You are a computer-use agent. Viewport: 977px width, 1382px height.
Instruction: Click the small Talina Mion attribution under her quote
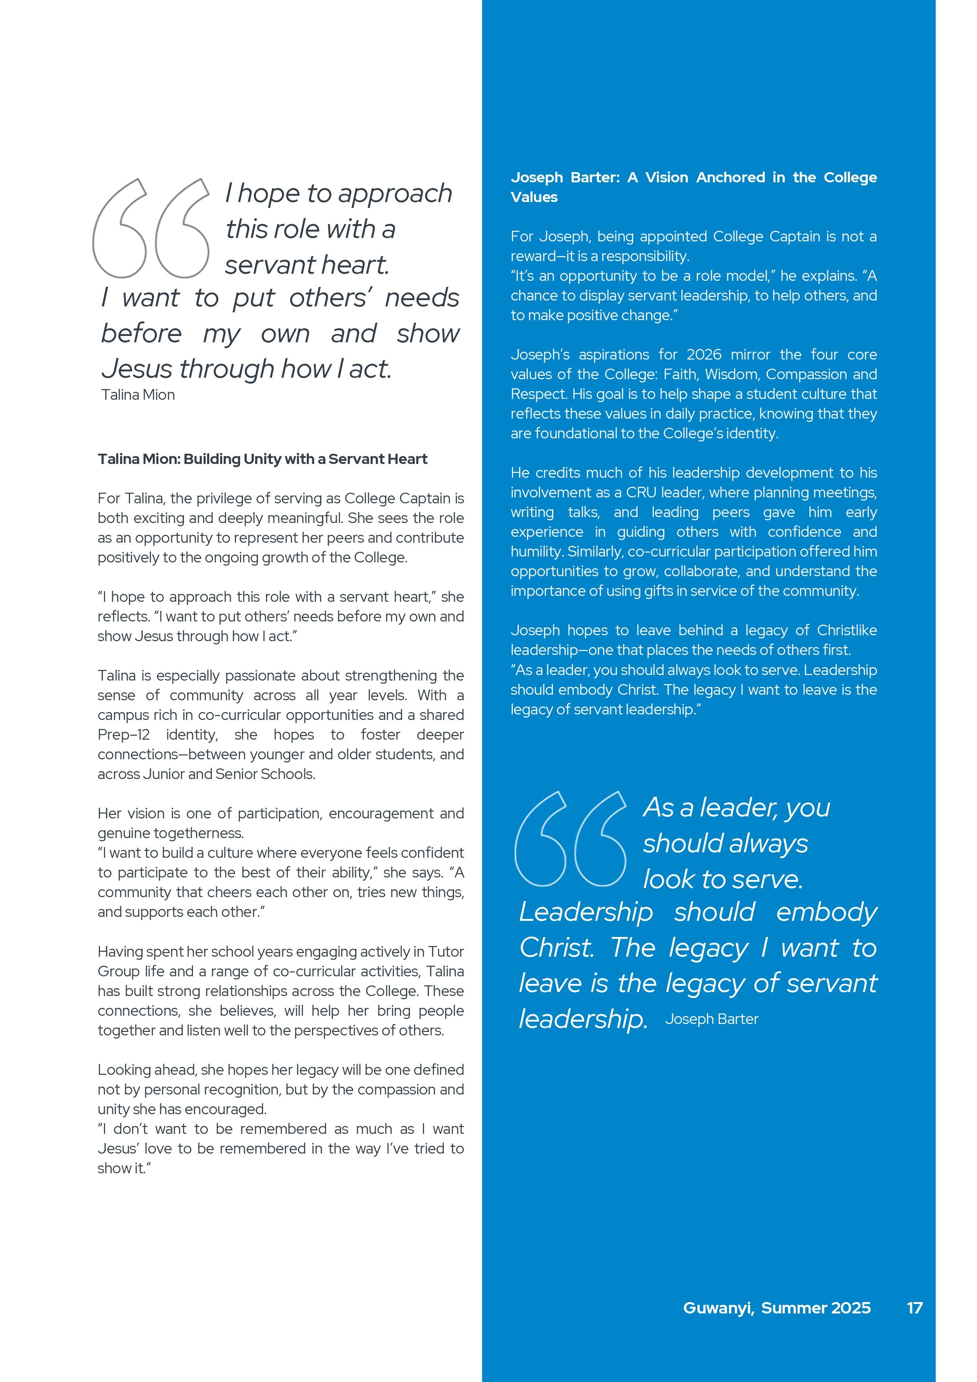pyautogui.click(x=138, y=395)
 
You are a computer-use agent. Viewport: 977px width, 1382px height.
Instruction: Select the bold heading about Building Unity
pyautogui.click(x=262, y=459)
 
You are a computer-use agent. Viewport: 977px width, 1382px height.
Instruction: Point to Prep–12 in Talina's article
pyautogui.click(x=123, y=735)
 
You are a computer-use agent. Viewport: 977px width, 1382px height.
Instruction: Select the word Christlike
pyautogui.click(x=846, y=630)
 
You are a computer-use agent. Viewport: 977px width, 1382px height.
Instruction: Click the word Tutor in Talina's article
pyautogui.click(x=445, y=952)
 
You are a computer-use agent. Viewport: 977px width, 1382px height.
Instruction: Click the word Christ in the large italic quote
pyautogui.click(x=556, y=948)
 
